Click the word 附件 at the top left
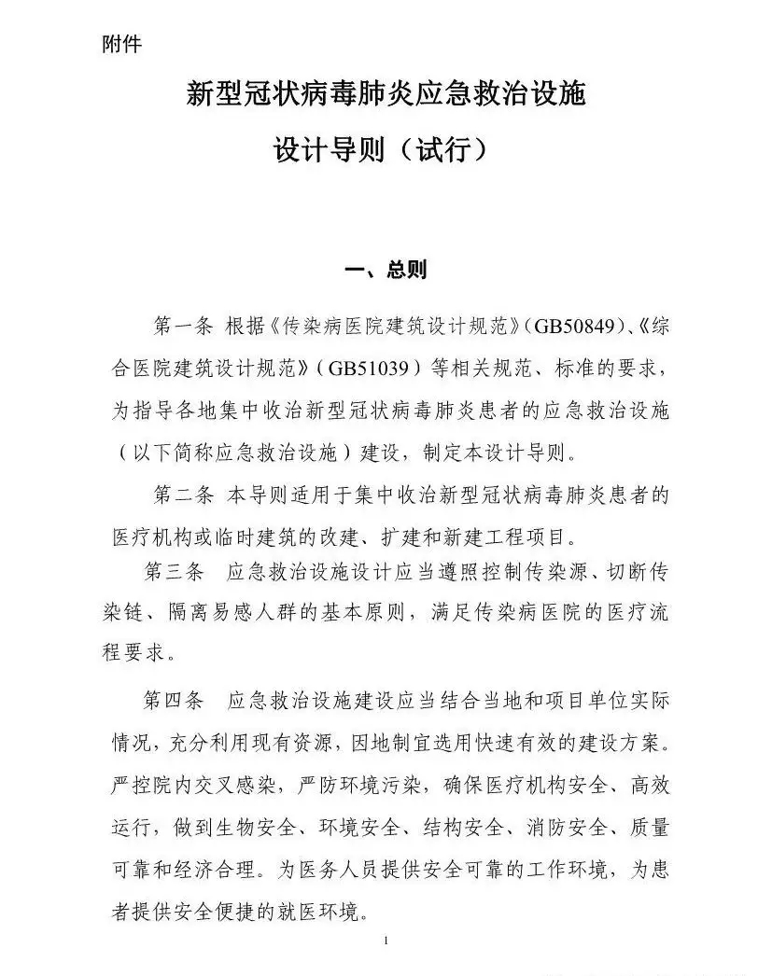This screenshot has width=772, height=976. coord(121,44)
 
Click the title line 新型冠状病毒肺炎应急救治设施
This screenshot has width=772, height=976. coord(386,94)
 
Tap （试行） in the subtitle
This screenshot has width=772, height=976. coord(438,149)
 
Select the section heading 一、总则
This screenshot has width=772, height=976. coord(386,270)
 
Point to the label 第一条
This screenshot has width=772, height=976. coord(185,328)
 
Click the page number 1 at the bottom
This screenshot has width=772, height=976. coord(386,940)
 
